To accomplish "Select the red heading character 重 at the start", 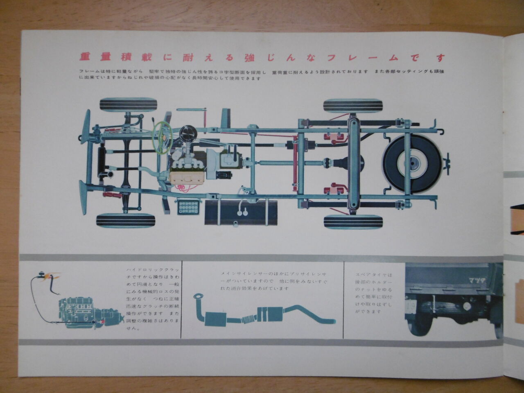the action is (85, 57).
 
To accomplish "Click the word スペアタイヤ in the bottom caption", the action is (368, 276).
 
